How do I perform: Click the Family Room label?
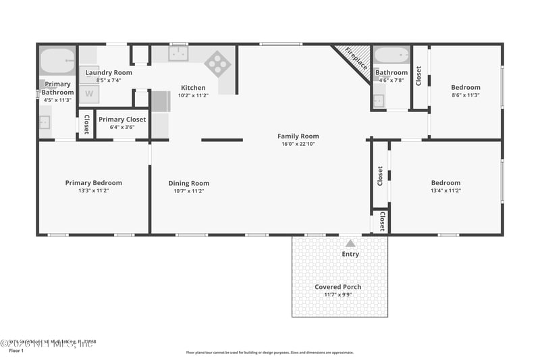(298, 136)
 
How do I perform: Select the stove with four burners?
(217, 63)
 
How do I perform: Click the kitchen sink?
(178, 55)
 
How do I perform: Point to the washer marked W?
(88, 94)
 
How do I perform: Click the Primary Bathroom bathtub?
(57, 60)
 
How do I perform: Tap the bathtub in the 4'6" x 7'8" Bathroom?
(391, 55)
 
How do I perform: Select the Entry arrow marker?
(350, 242)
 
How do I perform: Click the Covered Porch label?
(338, 287)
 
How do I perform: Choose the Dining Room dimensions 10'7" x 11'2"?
(189, 191)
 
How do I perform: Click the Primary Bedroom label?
(93, 183)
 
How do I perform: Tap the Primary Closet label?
(122, 120)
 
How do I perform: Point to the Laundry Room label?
(108, 72)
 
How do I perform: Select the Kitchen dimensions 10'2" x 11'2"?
(193, 96)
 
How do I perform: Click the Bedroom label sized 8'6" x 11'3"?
(466, 87)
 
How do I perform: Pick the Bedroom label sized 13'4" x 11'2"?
(446, 183)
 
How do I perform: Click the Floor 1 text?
(16, 351)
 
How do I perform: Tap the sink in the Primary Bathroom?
(45, 122)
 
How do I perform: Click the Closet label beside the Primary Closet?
(86, 124)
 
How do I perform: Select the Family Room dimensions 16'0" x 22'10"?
(298, 144)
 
